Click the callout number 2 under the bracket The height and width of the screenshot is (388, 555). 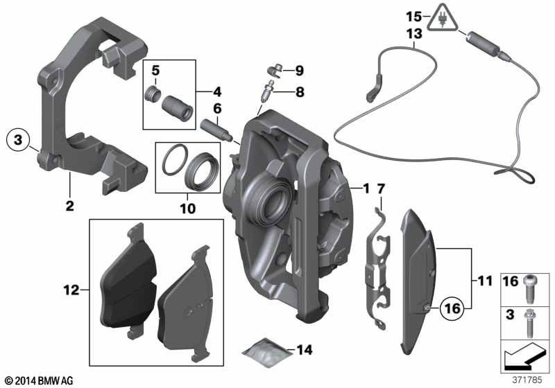pos(70,205)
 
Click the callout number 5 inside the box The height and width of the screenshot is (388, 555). pos(156,69)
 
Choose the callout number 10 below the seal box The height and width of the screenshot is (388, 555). pos(187,207)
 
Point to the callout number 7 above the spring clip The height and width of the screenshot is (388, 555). pos(380,189)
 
